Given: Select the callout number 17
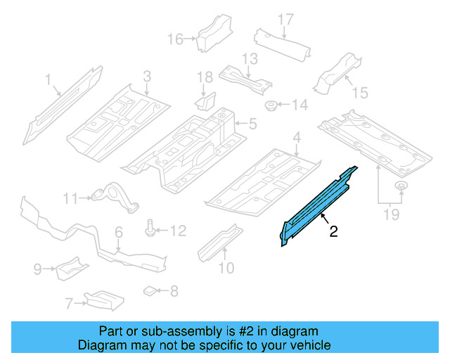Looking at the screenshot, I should (x=285, y=18).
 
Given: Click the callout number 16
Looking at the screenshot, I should (x=174, y=38).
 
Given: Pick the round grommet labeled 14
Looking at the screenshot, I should (x=271, y=105).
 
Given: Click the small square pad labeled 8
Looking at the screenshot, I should (x=149, y=289).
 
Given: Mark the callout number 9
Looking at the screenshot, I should (x=37, y=268).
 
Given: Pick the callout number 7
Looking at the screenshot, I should (x=68, y=304).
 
